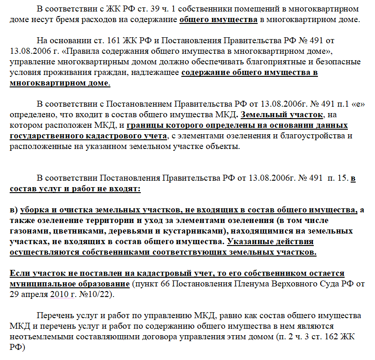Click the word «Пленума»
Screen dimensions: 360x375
click(246, 284)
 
